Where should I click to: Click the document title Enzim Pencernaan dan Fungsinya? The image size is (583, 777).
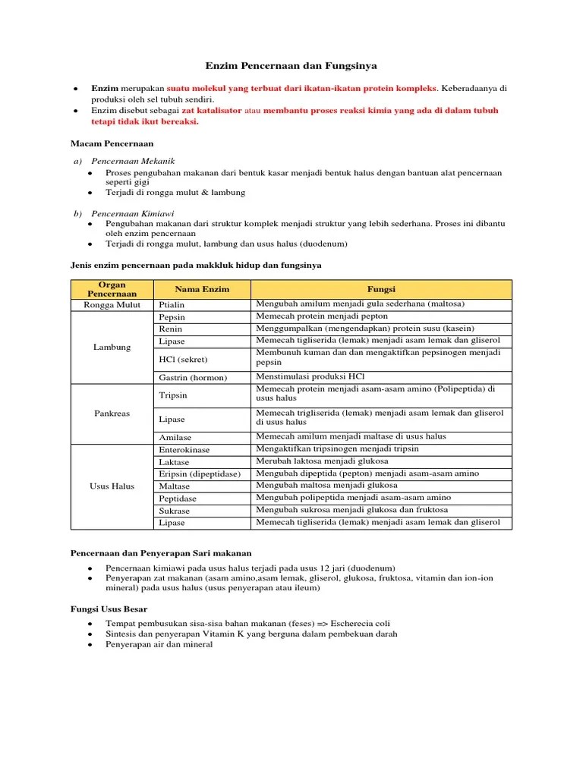291,67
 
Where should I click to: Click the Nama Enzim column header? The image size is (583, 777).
202,289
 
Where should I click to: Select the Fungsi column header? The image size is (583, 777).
382,289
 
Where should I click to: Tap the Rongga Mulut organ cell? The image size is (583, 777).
112,304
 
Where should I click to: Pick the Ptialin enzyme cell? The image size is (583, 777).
172,304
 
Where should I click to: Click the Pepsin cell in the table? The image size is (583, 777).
172,316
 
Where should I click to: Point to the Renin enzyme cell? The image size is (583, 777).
171,329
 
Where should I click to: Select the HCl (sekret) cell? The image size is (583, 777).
183,359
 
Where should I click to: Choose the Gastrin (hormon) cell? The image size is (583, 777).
193,377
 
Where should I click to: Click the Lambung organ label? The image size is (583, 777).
112,347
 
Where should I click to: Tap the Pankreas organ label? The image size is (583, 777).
112,414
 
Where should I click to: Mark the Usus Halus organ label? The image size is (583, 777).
112,486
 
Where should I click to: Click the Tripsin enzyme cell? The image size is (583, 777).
173,395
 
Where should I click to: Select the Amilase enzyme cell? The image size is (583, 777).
175,438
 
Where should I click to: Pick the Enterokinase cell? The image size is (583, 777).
184,450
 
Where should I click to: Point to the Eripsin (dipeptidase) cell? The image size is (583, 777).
200,473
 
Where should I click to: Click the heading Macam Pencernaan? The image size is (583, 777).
112,143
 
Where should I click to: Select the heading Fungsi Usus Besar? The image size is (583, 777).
109,609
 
